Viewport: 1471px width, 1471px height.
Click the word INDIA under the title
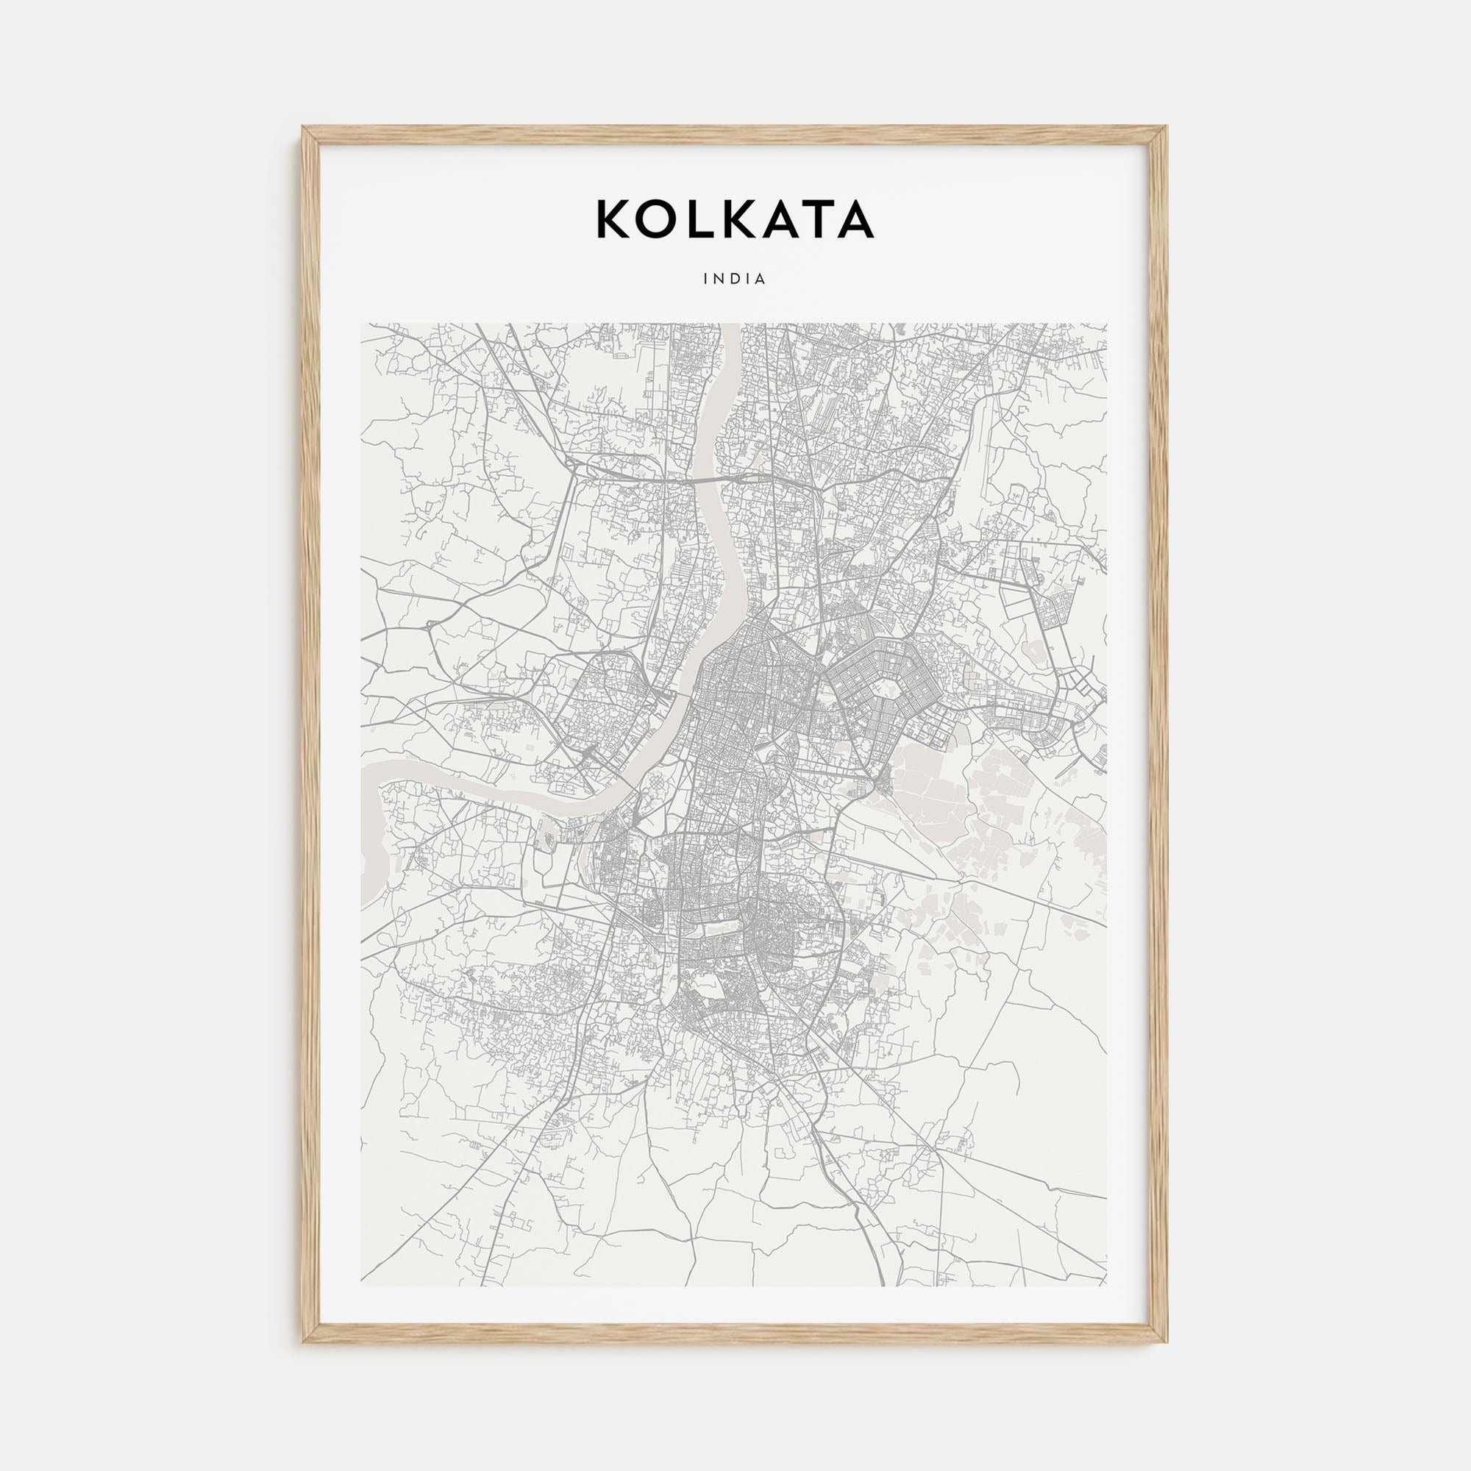coord(735,279)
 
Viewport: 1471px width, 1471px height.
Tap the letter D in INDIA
coord(736,279)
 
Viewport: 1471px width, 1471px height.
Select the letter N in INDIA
coord(719,279)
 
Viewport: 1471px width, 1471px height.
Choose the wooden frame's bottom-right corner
coord(1166,1341)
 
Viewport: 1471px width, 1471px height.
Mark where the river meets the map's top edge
coord(729,325)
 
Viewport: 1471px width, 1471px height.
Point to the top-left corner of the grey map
coord(362,324)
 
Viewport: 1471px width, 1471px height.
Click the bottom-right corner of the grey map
coord(1106,1286)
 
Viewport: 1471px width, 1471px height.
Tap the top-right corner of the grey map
coord(1106,324)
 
